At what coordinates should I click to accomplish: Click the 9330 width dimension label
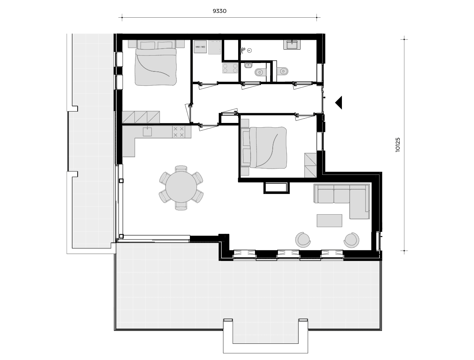coord(219,11)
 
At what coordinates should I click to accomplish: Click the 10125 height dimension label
coord(398,145)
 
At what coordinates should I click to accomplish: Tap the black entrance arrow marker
coord(339,103)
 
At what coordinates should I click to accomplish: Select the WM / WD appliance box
coord(200,47)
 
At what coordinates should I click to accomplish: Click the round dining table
coord(181,187)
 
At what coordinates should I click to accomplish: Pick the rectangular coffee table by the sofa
coord(329,220)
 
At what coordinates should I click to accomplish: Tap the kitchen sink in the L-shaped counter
coord(147,131)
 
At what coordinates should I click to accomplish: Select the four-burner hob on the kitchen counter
coord(178,132)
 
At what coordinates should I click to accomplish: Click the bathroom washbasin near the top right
coord(292,45)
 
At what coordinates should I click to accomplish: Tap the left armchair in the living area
coord(303,240)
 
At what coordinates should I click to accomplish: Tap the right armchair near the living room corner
coord(351,240)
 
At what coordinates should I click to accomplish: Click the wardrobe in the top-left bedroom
coord(141,117)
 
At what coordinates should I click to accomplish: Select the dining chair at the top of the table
coord(181,169)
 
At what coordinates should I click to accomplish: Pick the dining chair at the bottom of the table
coord(181,206)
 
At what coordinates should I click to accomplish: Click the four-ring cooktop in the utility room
coord(230,68)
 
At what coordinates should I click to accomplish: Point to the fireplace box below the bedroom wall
coord(276,188)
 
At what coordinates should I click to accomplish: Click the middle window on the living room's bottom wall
coord(288,254)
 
